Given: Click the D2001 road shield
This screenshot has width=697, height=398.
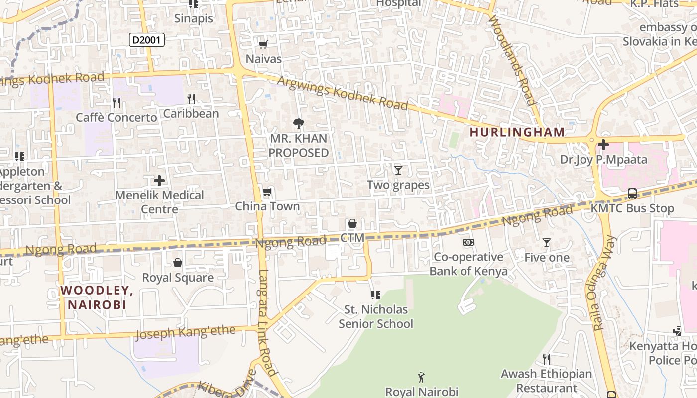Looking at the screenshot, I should click(147, 40).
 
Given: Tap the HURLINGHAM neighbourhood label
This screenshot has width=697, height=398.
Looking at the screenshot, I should click(517, 132).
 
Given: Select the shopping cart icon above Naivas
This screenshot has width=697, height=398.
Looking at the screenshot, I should click(263, 45).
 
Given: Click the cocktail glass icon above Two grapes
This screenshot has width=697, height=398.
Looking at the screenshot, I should click(398, 170).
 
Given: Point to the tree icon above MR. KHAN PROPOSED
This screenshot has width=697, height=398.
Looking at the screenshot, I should click(299, 124).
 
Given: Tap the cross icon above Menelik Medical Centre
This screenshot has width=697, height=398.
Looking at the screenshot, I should click(159, 180).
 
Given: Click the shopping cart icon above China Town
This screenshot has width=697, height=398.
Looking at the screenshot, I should click(267, 192).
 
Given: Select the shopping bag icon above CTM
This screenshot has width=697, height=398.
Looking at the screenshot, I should click(352, 223).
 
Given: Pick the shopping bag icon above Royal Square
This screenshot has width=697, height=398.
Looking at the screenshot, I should click(178, 263).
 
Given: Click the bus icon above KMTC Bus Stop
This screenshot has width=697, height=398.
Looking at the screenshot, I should click(632, 194).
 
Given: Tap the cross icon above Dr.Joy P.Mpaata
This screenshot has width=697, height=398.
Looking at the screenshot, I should click(603, 145).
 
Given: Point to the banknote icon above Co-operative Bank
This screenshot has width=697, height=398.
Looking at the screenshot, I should click(468, 242).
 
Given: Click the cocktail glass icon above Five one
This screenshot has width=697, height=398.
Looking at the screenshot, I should click(547, 243).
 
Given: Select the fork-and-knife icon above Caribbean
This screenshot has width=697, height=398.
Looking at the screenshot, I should click(191, 99).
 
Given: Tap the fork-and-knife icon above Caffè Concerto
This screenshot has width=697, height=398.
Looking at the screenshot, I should click(116, 103).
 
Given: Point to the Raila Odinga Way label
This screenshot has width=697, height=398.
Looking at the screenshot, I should click(605, 283).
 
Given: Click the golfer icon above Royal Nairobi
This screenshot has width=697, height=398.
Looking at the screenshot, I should click(422, 377).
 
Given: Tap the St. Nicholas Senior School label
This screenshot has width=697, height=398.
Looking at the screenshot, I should click(376, 316).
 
